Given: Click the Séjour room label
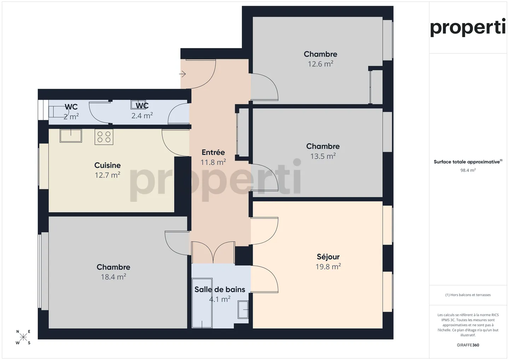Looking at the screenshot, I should coord(328,257).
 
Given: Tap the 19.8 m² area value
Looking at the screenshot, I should coord(328,267).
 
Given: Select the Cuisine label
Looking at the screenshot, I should coord(107,165).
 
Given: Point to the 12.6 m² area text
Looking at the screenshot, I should coord(320,64).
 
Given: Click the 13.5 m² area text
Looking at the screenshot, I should coord(323,156).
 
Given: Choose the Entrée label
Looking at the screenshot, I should coord(213,152).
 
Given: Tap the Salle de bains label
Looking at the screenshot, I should coord(220,290).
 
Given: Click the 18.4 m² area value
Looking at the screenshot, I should coord(113,277).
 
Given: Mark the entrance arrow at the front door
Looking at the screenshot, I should coord(182,74).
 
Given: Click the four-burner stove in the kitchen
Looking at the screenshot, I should coord(104,137).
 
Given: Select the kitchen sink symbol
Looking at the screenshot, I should coord(71,136).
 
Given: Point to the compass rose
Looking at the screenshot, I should coord(23,337).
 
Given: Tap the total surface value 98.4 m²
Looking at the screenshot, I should coord(468,170).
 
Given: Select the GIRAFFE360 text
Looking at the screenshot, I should coord(468,345).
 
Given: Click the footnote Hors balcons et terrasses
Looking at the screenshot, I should coord(468,295).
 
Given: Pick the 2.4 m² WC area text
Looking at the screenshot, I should coord(142,116).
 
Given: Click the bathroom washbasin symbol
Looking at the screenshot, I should coord(243,310).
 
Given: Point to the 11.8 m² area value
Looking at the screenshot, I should coord(213,163).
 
